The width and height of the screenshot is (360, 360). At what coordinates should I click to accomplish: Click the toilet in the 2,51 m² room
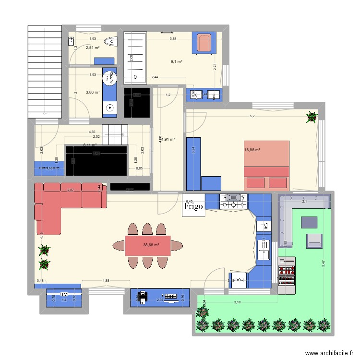click(x=112, y=42)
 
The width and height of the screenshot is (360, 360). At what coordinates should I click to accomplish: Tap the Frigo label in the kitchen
click(x=193, y=205)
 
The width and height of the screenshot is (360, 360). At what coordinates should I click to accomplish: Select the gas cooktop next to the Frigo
click(x=234, y=202)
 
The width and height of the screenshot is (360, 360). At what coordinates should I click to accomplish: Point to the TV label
click(x=63, y=294)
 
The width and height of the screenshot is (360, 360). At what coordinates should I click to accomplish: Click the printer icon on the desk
click(x=142, y=298)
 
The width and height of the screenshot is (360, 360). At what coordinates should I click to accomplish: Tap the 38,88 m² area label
click(x=151, y=245)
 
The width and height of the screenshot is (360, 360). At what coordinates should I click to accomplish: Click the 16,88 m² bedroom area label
click(x=252, y=149)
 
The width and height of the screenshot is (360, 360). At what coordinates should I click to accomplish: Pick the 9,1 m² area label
click(x=176, y=61)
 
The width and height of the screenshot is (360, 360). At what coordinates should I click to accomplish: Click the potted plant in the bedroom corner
click(x=312, y=116)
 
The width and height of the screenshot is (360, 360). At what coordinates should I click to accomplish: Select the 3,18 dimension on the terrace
click(x=237, y=302)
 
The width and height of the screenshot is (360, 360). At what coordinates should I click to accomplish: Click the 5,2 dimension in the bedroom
click(x=252, y=116)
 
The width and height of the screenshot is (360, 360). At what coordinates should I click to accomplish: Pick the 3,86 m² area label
click(x=92, y=93)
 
